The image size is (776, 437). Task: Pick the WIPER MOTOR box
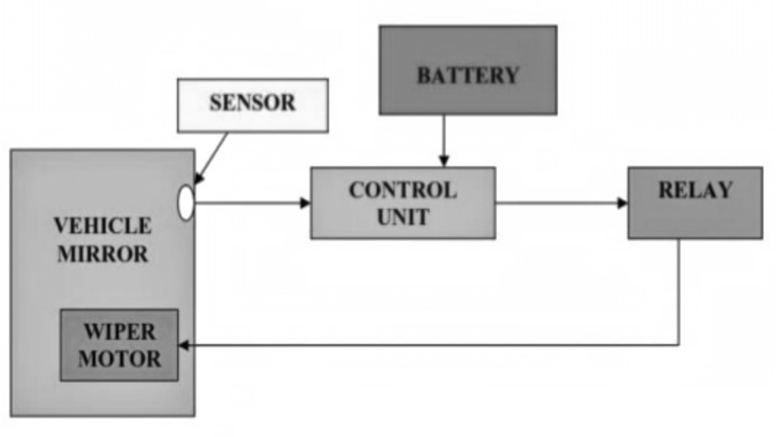(x=119, y=345)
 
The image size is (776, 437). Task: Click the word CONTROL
(x=403, y=190)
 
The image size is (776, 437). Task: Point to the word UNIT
(x=403, y=217)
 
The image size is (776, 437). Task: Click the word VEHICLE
(x=102, y=226)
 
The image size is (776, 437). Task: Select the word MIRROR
(x=102, y=254)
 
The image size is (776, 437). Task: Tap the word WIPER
(x=119, y=332)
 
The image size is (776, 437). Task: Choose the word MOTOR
(x=119, y=359)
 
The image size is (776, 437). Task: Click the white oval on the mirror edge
(x=186, y=203)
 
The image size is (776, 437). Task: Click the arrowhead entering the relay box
(x=623, y=203)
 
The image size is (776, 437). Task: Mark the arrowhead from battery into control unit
(x=444, y=161)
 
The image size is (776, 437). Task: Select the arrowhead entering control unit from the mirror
(x=306, y=203)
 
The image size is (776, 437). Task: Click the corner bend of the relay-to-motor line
(x=678, y=345)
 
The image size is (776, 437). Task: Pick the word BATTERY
(x=467, y=75)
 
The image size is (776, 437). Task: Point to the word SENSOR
(x=252, y=103)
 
